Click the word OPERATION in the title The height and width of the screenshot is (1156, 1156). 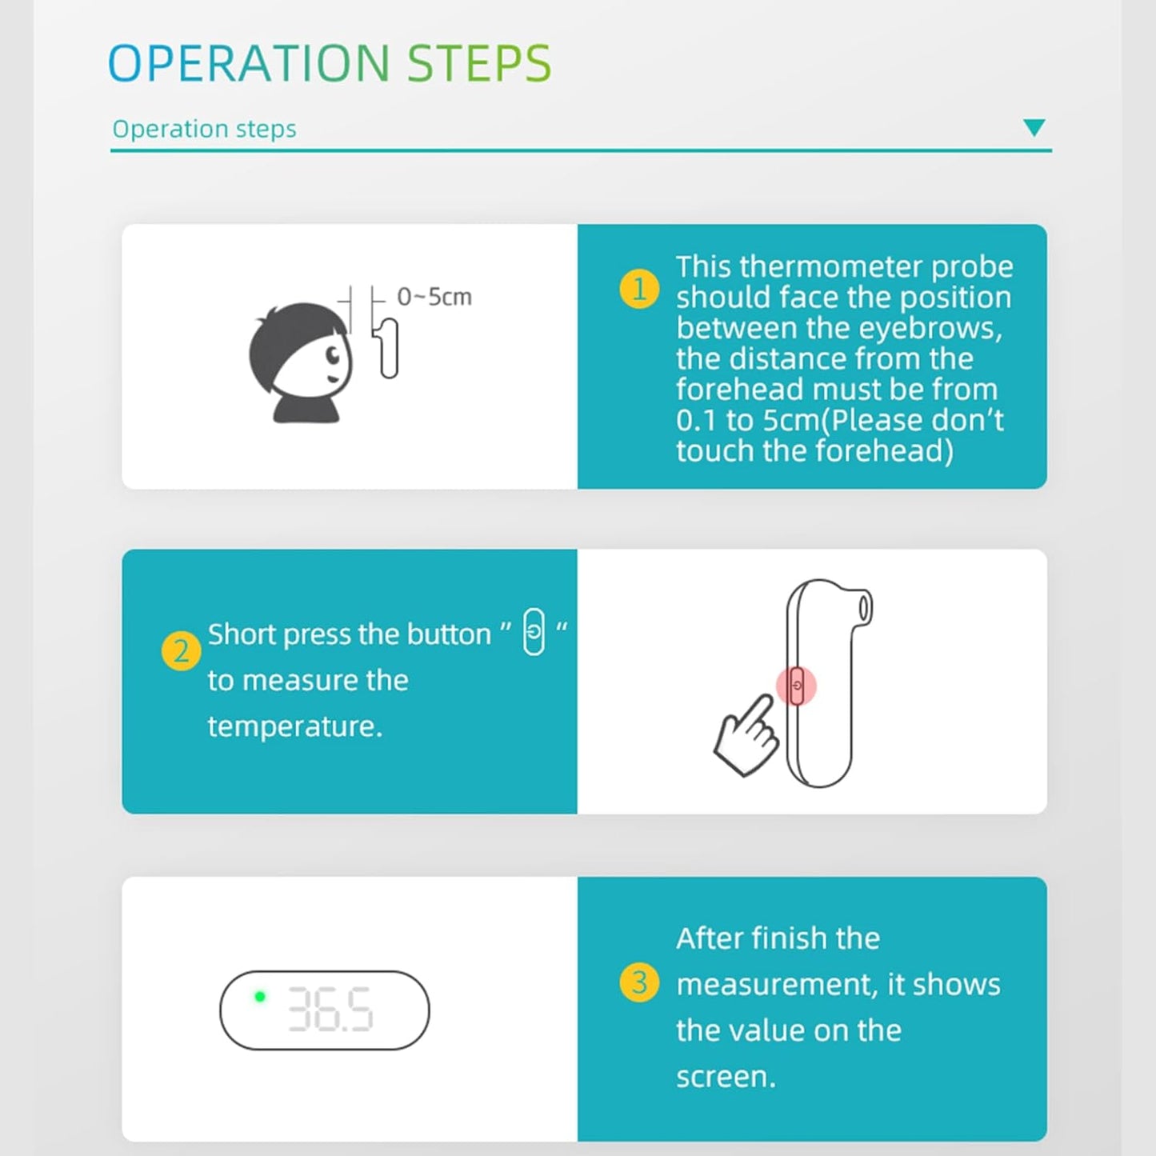tap(249, 63)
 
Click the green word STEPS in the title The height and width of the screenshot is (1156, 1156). tap(479, 63)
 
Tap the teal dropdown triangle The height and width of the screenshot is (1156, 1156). tap(1034, 127)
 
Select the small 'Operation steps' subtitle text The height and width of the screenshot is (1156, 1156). tap(205, 129)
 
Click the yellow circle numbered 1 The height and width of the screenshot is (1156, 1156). tap(639, 289)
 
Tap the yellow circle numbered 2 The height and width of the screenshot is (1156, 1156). tap(181, 650)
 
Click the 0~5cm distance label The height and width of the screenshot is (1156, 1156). tap(434, 297)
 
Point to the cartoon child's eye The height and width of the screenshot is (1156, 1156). tap(333, 356)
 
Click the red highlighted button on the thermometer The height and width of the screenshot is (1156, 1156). tap(797, 686)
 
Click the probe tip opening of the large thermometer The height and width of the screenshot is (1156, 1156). tap(864, 608)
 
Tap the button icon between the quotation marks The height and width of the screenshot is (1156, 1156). tap(534, 631)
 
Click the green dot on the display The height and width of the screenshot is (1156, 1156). tap(260, 997)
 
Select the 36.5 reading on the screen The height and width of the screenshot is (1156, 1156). tap(330, 1009)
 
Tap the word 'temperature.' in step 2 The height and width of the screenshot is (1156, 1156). tap(295, 726)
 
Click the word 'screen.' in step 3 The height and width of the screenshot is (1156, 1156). tap(726, 1076)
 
